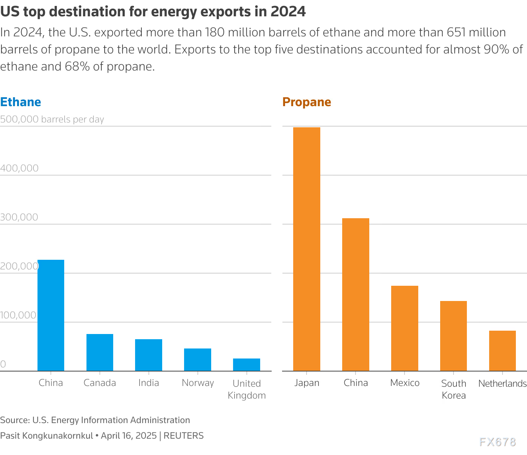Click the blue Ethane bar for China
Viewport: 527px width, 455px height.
pos(51,315)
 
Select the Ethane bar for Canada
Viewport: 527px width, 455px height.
pos(100,353)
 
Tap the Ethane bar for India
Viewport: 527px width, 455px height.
pos(148,355)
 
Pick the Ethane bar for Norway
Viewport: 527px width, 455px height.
pos(197,360)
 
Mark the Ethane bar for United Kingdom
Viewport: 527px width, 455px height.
pos(246,365)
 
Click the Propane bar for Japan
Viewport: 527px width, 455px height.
pos(307,249)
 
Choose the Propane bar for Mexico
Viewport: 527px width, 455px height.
pos(405,328)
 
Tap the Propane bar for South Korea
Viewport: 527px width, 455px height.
pos(454,336)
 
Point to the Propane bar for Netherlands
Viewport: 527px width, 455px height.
pos(503,351)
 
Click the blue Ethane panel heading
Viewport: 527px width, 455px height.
pos(21,102)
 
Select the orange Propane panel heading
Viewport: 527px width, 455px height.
pos(307,102)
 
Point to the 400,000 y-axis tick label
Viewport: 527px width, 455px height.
pos(19,168)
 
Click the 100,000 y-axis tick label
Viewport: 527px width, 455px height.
pos(19,315)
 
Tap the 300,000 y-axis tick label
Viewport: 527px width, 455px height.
pos(19,217)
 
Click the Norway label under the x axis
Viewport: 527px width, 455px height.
pos(198,383)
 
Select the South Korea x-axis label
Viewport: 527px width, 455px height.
pos(454,389)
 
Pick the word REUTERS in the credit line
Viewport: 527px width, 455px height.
pos(183,436)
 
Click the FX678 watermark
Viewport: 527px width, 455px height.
pos(498,442)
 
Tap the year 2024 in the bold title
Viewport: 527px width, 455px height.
pos(288,12)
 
